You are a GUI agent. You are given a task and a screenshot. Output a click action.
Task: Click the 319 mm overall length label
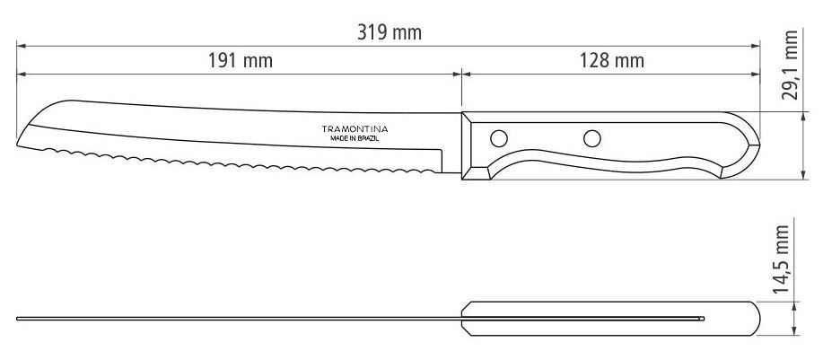pos(390,32)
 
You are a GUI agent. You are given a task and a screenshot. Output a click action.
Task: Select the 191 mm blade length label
pos(241,61)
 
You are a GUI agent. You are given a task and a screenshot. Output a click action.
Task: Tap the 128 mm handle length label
pos(611,61)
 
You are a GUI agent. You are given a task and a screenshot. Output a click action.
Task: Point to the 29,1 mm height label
pos(790,65)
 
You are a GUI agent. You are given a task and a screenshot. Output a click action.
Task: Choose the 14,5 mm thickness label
pos(781,259)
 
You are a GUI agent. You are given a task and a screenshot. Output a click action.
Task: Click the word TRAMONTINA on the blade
pos(355,129)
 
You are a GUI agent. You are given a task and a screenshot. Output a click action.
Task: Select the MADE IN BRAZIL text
pos(355,138)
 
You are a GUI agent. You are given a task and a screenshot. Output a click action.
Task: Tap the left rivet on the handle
pos(499,138)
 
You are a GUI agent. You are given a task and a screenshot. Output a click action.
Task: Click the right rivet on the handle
pos(592,138)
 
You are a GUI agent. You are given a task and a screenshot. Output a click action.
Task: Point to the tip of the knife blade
pos(17,145)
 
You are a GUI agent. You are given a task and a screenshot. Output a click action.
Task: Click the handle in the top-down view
pos(611,319)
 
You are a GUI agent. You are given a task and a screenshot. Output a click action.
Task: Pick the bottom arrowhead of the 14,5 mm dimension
pos(794,330)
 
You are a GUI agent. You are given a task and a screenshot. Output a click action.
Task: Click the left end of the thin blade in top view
pos(17,319)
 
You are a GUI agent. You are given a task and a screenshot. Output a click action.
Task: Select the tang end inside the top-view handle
pos(703,319)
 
